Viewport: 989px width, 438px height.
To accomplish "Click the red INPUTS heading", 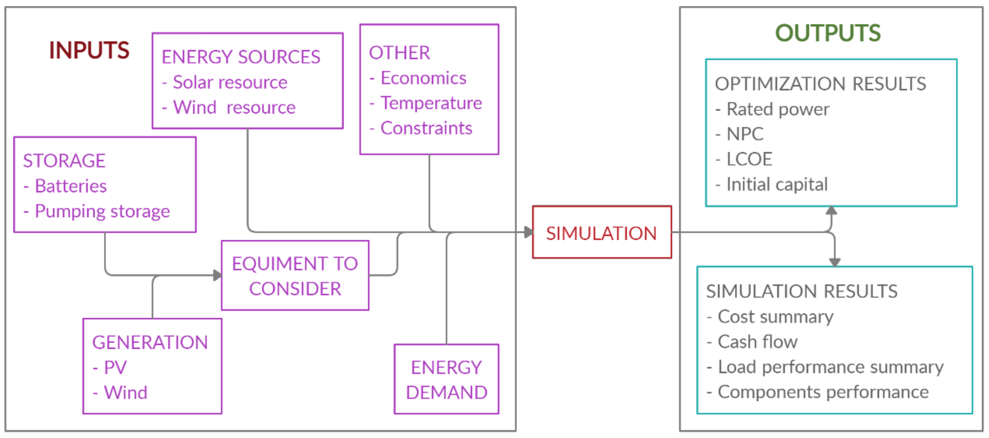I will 89,50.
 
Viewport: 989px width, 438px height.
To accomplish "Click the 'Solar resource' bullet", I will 229,82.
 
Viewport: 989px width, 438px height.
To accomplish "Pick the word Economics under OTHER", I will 423,78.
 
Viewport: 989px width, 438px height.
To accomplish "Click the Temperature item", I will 431,103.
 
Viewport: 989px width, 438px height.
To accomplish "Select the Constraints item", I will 426,128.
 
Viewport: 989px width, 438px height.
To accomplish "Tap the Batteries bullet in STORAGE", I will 71,186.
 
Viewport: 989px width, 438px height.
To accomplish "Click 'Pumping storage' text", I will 102,211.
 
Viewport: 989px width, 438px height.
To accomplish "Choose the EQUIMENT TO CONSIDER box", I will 295,276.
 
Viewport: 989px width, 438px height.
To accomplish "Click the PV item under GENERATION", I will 115,368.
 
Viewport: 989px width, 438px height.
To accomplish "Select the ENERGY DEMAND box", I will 446,379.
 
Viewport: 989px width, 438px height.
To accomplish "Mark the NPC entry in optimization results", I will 744,134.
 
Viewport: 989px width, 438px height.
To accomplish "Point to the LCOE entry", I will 749,159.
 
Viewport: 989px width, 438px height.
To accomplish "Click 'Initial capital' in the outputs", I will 777,185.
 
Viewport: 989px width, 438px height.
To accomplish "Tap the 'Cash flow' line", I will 757,342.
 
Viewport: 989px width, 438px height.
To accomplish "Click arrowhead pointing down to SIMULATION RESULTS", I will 835,262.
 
